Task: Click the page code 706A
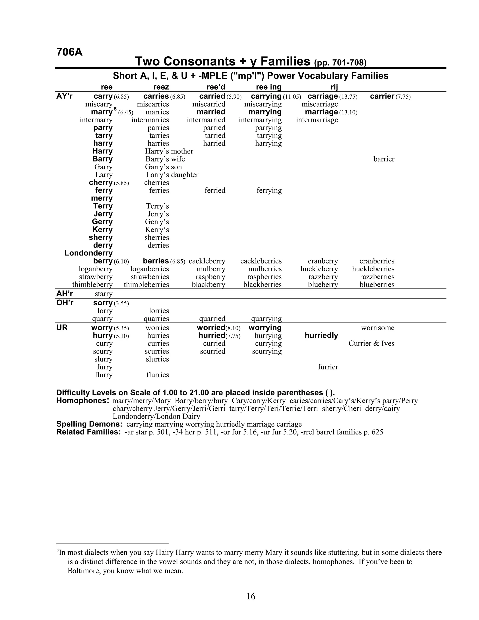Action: coord(69,52)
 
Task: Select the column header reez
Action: coord(161,87)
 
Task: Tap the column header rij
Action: coord(334,87)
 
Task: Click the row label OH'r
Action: coord(65,303)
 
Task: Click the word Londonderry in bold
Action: coord(89,253)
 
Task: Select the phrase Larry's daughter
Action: coord(172,175)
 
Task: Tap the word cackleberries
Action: coord(261,261)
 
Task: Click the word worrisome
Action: coord(377,328)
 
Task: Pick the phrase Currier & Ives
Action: coord(371,343)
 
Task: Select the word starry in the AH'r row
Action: coord(103,294)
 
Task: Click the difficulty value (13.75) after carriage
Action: coord(348,97)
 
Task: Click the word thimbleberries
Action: coord(146,284)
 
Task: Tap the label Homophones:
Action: coord(83,401)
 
